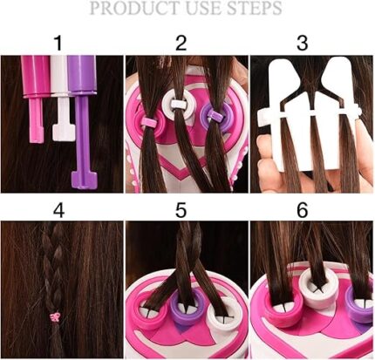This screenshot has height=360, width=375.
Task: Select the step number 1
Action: pyautogui.click(x=59, y=43)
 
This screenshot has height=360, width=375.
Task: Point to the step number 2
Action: pyautogui.click(x=181, y=43)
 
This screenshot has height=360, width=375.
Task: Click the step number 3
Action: pyautogui.click(x=303, y=43)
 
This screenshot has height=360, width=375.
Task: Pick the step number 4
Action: pyautogui.click(x=59, y=210)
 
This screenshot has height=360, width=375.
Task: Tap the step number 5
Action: pyautogui.click(x=181, y=210)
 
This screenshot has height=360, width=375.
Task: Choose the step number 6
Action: pyautogui.click(x=303, y=210)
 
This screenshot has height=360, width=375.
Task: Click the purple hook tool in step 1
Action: pyautogui.click(x=83, y=122)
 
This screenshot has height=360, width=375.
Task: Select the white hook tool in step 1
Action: pyautogui.click(x=63, y=98)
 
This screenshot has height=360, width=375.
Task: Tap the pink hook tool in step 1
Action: pyautogui.click(x=36, y=98)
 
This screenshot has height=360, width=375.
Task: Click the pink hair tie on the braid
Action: pyautogui.click(x=55, y=317)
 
